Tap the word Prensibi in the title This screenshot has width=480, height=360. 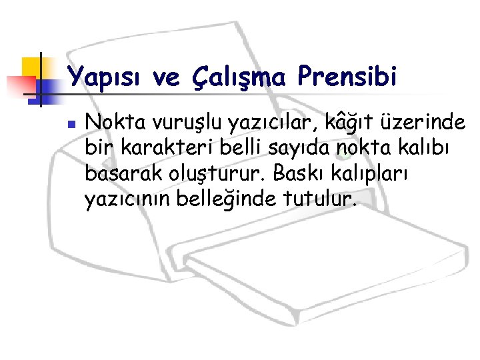[347, 77]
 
